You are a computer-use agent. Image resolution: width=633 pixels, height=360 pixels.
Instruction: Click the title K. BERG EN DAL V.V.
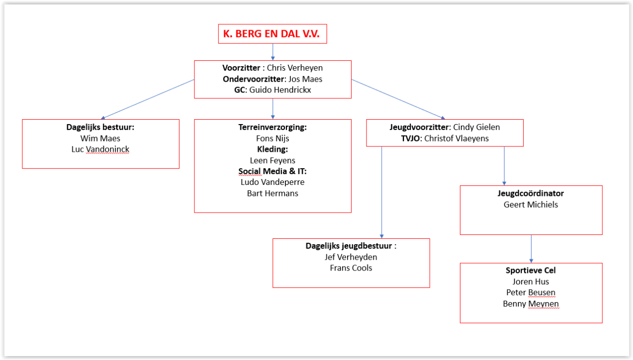(x=272, y=35)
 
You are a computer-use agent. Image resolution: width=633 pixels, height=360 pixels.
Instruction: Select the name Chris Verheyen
(x=295, y=68)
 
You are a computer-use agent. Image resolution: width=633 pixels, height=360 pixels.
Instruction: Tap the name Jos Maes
(x=306, y=79)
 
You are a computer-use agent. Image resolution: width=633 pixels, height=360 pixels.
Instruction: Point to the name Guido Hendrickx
(x=280, y=90)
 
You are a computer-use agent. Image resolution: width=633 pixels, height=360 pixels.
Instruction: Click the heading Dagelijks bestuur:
(x=100, y=127)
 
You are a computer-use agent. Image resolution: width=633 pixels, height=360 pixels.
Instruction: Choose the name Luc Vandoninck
(x=100, y=149)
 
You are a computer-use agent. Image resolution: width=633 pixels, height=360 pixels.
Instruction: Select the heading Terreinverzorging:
(x=272, y=127)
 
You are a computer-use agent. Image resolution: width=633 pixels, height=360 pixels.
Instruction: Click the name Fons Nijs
(x=272, y=138)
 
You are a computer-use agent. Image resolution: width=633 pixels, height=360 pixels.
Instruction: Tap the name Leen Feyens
(x=272, y=160)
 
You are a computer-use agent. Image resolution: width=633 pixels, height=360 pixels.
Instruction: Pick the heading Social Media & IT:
(x=272, y=171)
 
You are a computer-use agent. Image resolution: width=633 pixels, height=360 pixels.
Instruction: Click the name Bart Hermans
(x=272, y=193)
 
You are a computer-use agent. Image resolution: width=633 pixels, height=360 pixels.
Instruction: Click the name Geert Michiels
(x=531, y=205)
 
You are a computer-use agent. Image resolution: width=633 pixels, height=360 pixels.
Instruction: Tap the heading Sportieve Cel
(x=531, y=270)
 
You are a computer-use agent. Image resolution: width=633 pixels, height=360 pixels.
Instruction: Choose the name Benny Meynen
(x=531, y=304)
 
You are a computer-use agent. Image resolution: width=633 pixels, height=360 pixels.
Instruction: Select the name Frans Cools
(x=351, y=268)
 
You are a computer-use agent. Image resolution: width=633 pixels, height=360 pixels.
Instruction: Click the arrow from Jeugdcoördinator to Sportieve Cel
(x=531, y=249)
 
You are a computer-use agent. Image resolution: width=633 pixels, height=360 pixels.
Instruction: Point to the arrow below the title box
(x=272, y=52)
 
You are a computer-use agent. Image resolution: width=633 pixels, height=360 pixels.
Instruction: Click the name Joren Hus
(x=531, y=282)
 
